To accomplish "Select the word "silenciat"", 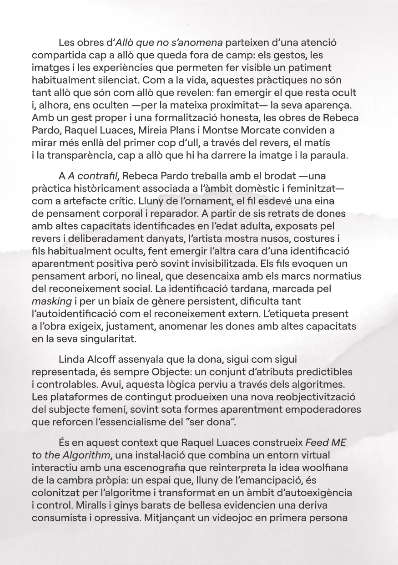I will tap(115, 79).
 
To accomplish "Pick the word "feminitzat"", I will tap(309, 188).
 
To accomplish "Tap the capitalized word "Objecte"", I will tap(185, 372).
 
